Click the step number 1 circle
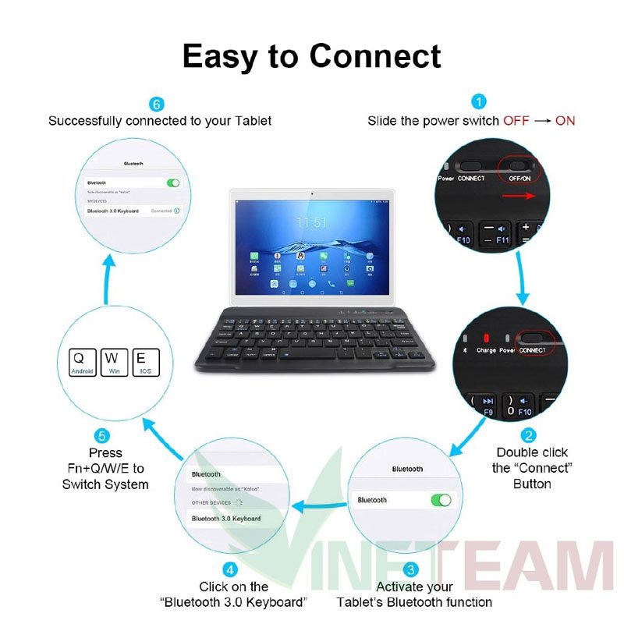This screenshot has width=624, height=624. tap(479, 102)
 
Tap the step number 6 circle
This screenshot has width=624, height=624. tap(157, 104)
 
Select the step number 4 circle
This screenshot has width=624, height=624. tap(229, 569)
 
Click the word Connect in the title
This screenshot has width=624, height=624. tap(375, 56)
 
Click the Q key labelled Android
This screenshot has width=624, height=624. tap(82, 362)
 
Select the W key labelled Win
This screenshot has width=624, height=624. tap(113, 362)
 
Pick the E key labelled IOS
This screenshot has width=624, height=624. tap(145, 362)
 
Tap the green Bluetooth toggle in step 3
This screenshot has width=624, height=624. tap(440, 500)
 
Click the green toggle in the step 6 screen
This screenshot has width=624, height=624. tap(173, 183)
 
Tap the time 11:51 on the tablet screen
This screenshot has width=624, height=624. tap(310, 223)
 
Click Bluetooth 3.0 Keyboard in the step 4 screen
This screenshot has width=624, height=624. tap(226, 518)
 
